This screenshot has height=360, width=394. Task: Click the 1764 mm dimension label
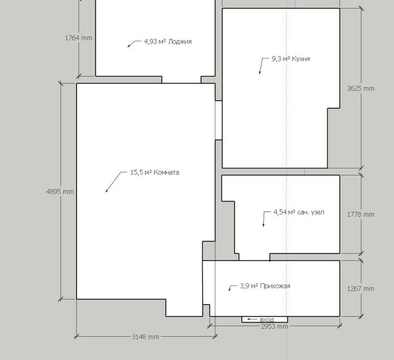pos(79,38)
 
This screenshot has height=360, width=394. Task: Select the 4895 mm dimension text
pos(60,192)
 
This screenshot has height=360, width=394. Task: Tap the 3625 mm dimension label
pos(361,88)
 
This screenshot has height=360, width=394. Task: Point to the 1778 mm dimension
pos(361,215)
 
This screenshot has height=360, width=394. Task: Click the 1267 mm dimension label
pos(361,289)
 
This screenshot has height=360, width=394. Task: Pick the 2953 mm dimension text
pos(274,327)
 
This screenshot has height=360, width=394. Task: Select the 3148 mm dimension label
pos(146,337)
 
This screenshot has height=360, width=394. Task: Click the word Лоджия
pos(180,42)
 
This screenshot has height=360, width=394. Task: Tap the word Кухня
pos(301,59)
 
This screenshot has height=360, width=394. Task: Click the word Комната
pos(166,172)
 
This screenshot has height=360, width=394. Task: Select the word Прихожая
pos(275,286)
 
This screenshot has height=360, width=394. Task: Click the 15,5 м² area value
pos(141,172)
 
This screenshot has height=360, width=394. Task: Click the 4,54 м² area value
pos(284,212)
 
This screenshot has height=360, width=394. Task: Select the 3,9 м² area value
pos(249,286)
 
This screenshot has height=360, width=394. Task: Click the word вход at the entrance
pos(267,320)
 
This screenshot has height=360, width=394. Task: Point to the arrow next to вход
pos(252,319)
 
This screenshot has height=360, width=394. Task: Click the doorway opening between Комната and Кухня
pos(219,120)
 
